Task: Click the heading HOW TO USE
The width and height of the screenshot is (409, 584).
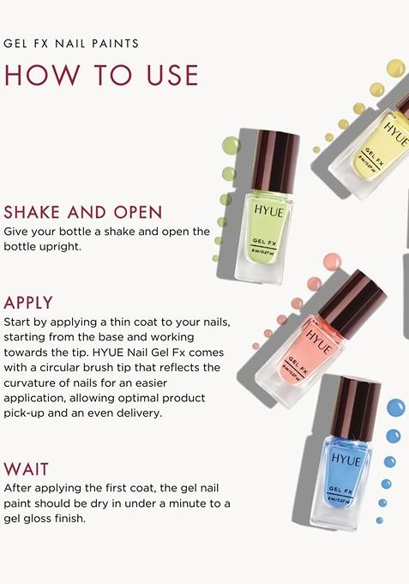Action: tap(101, 75)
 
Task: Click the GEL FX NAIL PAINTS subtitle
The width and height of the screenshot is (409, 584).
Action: tap(71, 43)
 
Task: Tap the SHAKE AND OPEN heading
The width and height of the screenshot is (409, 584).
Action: tap(83, 212)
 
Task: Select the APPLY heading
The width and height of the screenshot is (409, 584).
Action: tap(28, 303)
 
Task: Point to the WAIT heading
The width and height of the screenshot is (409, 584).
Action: tap(27, 469)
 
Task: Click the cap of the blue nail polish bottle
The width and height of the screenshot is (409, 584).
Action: tap(354, 407)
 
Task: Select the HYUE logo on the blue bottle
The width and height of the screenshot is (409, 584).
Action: tap(346, 460)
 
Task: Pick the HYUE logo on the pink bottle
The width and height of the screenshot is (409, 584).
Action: tap(319, 334)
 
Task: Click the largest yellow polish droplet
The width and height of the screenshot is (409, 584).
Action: tap(395, 68)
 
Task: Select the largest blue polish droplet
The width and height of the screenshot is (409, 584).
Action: tap(395, 407)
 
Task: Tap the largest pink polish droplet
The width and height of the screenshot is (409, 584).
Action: tap(332, 262)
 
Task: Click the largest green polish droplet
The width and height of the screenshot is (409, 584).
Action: tap(231, 145)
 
